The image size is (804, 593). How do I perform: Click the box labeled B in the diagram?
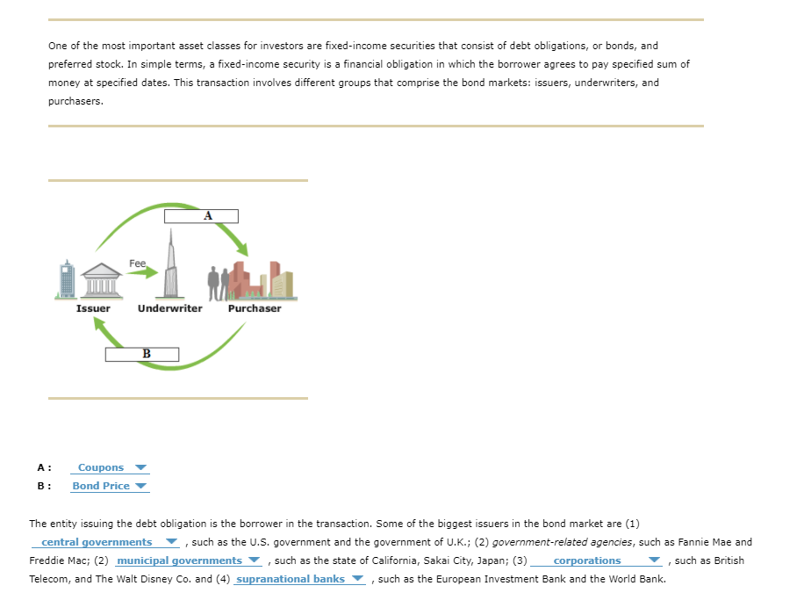142,354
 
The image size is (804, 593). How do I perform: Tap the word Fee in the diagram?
137,263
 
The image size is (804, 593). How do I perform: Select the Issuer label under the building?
93,308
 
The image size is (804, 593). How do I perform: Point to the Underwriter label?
169,308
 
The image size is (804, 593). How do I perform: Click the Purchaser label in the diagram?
255,308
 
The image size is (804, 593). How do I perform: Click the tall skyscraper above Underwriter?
172,264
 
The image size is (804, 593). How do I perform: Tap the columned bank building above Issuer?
104,281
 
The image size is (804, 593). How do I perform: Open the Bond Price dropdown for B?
110,486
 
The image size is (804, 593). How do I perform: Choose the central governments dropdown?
109,542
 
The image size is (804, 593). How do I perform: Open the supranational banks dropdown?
299,579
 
